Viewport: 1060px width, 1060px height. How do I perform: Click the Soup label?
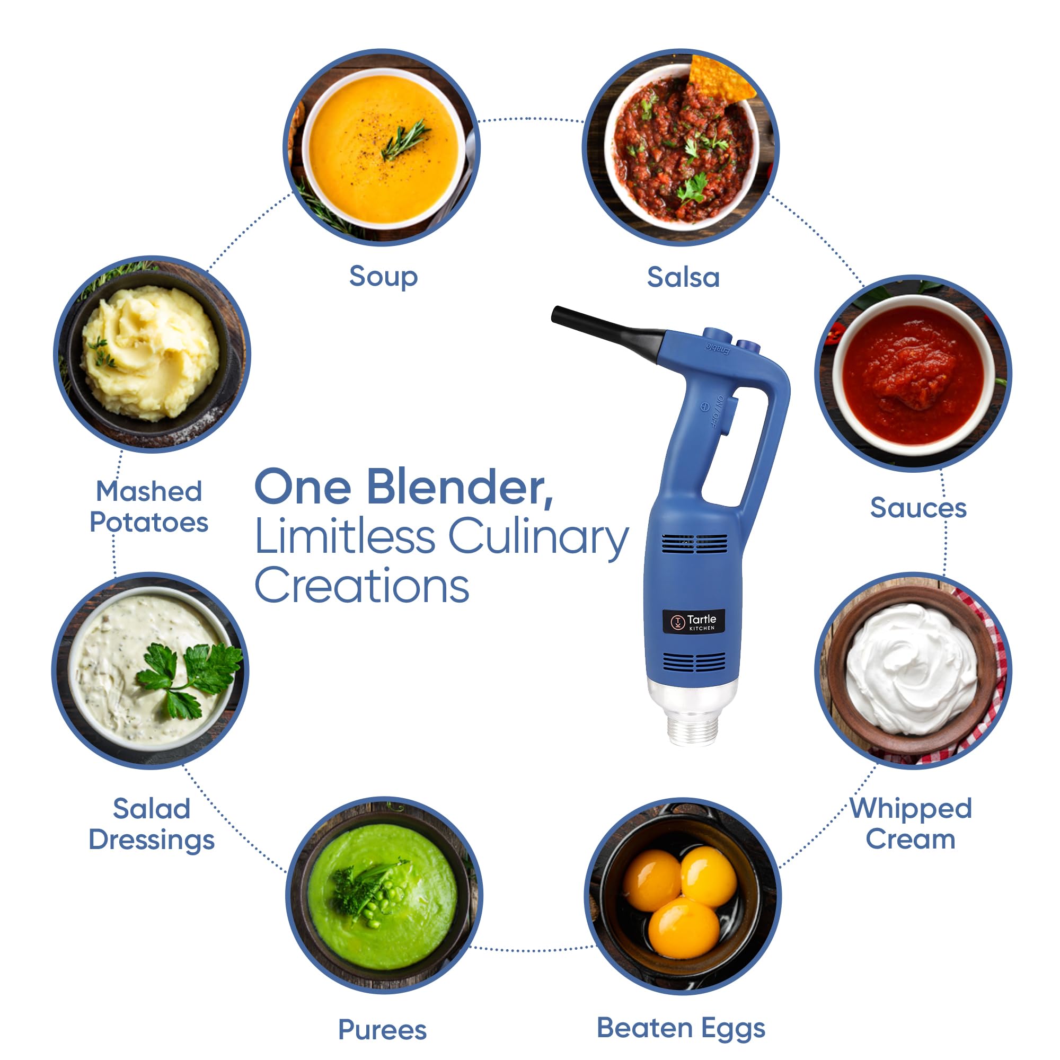coord(383,277)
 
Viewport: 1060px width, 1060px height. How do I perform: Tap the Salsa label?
coord(683,277)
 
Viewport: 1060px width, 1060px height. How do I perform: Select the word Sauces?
coord(918,508)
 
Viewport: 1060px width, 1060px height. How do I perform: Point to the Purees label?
coord(383,1029)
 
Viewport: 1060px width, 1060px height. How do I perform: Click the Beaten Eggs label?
coord(681,1028)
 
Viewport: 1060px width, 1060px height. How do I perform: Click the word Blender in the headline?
coord(460,487)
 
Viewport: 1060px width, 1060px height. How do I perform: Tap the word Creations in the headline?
coord(361,586)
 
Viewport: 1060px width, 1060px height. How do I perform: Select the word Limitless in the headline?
coord(345,536)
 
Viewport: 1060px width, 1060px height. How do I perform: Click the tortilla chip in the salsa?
coord(720,78)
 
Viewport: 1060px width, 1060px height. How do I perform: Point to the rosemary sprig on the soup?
coord(406,140)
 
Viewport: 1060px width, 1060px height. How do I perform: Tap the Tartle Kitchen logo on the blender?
coord(693,622)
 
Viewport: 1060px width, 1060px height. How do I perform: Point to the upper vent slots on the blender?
coord(694,544)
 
